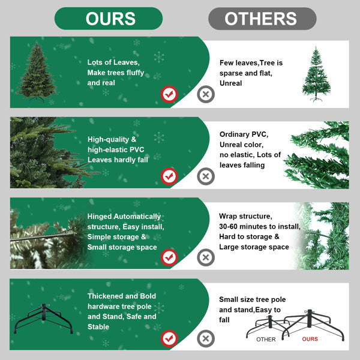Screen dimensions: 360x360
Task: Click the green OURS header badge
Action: [x=109, y=19]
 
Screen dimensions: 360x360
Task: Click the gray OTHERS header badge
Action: [x=262, y=19]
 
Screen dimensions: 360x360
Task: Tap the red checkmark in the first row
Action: [x=169, y=94]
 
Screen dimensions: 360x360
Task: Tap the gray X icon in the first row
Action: [x=206, y=94]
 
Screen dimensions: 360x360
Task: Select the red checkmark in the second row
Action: [x=169, y=176]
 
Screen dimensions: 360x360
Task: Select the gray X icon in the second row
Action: [x=206, y=176]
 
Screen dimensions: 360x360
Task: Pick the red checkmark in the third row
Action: [x=169, y=257]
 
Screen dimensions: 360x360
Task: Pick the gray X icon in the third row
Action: [x=206, y=257]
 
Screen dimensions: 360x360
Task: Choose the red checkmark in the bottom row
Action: [x=169, y=338]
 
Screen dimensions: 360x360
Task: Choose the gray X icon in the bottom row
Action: [x=206, y=338]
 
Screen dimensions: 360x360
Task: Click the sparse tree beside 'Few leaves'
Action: [x=316, y=74]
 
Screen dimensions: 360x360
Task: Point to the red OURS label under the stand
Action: [x=310, y=340]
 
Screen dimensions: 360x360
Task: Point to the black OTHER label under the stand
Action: [x=266, y=340]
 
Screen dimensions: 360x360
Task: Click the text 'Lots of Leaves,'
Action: [x=113, y=62]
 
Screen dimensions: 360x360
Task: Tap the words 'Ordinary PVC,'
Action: [x=244, y=134]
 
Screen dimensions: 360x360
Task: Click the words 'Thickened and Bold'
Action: [x=122, y=296]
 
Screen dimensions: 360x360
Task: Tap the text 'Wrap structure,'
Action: [x=245, y=216]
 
